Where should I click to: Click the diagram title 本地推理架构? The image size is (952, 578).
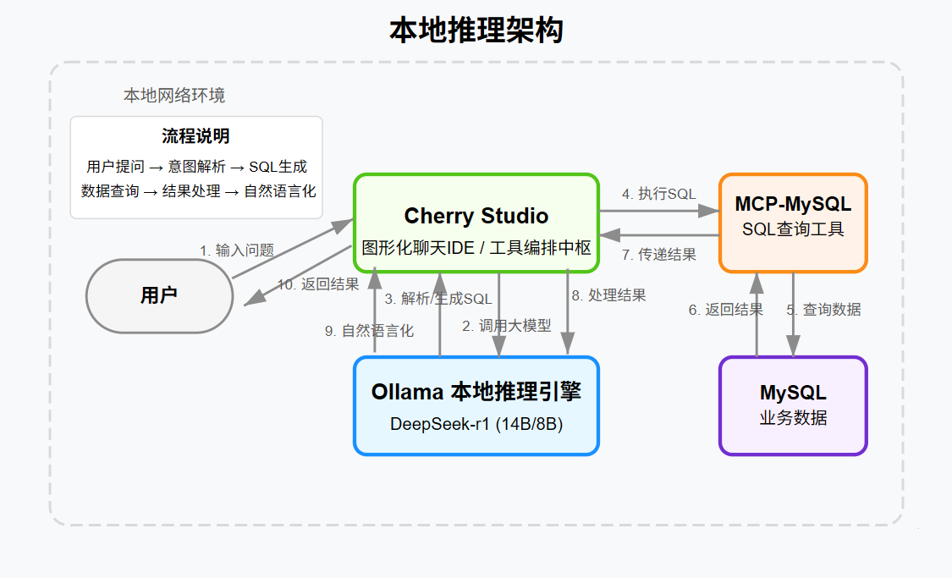point(476,30)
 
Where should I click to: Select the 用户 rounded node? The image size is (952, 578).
point(159,295)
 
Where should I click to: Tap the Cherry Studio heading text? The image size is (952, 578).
point(476,216)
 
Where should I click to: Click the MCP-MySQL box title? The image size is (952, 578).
point(793,204)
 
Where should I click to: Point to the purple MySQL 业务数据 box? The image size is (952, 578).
point(793,405)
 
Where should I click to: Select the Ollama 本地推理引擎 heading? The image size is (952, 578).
point(476,392)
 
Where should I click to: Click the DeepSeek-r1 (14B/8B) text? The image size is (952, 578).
point(476,423)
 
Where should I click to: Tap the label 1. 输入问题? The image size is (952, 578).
point(237,250)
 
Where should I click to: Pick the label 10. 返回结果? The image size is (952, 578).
point(318,284)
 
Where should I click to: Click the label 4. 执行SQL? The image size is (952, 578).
point(658,194)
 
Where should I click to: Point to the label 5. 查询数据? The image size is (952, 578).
point(823,310)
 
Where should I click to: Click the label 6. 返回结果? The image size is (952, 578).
point(725,310)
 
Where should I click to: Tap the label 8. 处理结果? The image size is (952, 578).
point(608,295)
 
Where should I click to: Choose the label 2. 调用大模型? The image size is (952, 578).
point(506,325)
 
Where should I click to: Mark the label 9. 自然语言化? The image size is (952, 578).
point(369,331)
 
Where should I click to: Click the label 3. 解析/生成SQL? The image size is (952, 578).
point(437,299)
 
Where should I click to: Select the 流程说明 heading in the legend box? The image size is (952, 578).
point(195,136)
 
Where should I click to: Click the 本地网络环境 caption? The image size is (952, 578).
point(174,95)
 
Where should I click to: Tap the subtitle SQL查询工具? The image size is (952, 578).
point(793,228)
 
